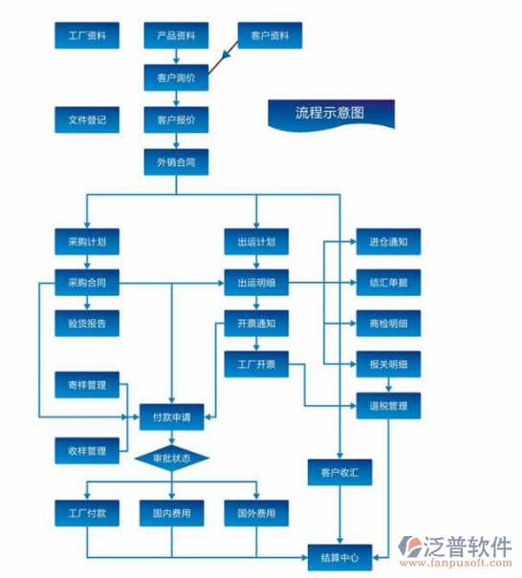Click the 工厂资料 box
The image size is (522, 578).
pos(87,37)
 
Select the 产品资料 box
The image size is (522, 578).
pos(176,37)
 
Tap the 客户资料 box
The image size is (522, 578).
pos(270,37)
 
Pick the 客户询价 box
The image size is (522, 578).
pos(176,78)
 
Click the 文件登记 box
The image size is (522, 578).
pos(87,120)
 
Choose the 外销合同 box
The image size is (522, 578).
pos(176,162)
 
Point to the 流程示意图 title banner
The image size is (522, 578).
pos(330,113)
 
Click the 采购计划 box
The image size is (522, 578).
pos(87,242)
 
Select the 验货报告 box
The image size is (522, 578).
pos(87,323)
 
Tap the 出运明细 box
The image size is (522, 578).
pos(256,283)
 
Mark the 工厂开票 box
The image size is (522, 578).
pos(256,364)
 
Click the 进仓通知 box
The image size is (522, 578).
pos(388,242)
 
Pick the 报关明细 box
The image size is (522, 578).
pos(388,364)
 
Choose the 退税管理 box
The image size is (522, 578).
pos(388,406)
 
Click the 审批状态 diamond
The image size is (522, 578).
pos(171,459)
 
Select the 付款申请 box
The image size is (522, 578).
pos(172,417)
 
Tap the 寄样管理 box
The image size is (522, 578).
pos(87,386)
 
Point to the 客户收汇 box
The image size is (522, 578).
pos(340,471)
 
